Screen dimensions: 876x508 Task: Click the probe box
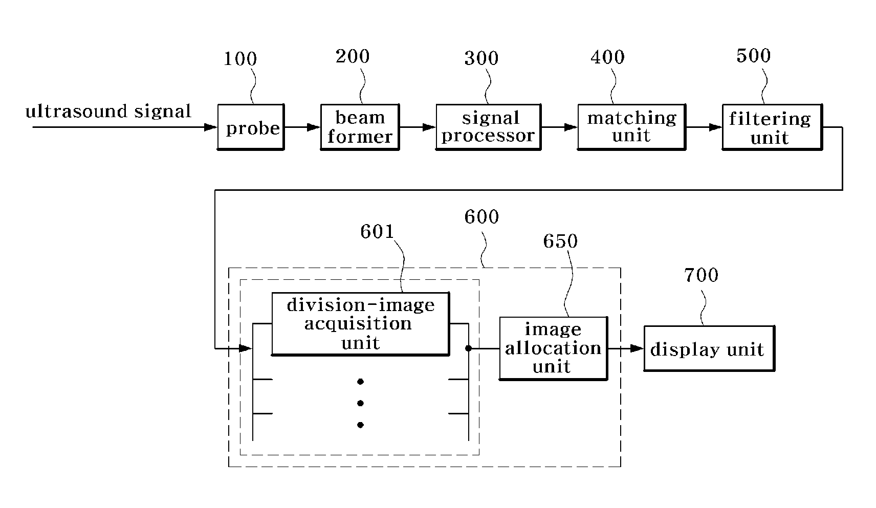(251, 127)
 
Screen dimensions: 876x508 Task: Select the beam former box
(360, 127)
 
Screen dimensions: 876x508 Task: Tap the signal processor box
(489, 127)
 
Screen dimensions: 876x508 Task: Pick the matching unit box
(631, 127)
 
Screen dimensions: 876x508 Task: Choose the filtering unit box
(772, 127)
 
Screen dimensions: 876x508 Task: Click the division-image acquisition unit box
(360, 324)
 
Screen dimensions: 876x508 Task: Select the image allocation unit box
(553, 348)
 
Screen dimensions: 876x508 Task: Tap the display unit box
(709, 348)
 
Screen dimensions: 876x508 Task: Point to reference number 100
(240, 59)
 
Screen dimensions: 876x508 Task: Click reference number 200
(353, 56)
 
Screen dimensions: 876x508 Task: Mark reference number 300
(481, 58)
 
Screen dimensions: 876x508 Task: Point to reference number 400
(607, 57)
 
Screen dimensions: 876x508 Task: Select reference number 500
(754, 56)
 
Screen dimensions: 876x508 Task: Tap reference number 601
(377, 232)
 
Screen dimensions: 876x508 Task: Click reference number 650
(560, 241)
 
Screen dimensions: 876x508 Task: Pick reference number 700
(701, 275)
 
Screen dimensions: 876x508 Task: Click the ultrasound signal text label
(108, 111)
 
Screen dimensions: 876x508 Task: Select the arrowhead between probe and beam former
(314, 127)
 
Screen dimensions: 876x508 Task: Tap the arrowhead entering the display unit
(637, 348)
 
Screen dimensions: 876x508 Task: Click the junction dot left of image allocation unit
(468, 348)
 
